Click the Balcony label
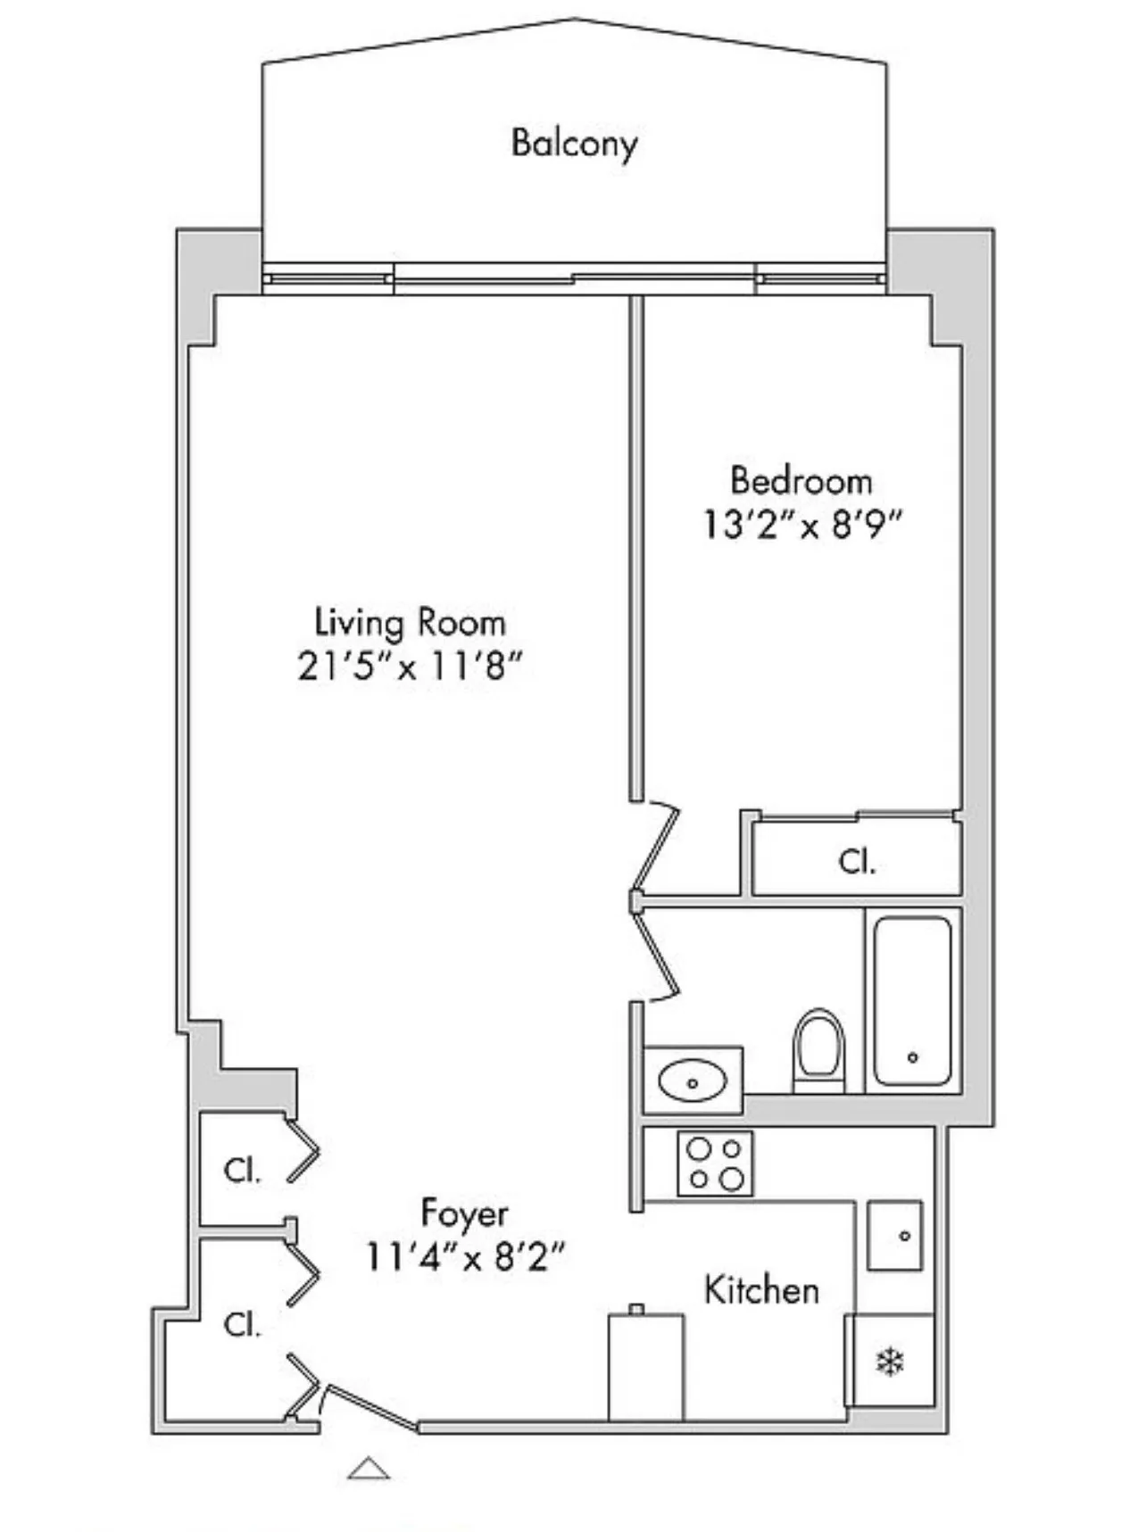(574, 143)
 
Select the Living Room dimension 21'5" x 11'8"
(409, 666)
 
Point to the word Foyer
(464, 1213)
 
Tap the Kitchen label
(761, 1290)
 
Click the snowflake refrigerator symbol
(890, 1362)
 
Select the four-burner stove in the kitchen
(715, 1163)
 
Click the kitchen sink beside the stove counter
(895, 1235)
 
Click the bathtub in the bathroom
(912, 999)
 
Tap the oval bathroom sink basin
(692, 1081)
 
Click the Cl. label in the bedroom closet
(857, 862)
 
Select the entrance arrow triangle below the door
(369, 1468)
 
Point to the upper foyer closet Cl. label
(242, 1170)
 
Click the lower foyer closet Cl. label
(242, 1324)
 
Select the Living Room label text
(410, 622)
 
